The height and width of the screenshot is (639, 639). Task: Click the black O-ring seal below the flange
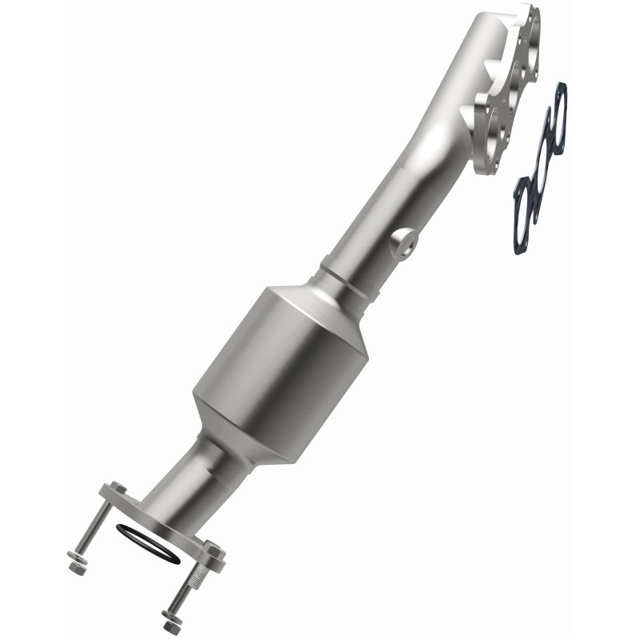coord(148,554)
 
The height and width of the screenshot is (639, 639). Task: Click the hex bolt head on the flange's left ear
coord(116,489)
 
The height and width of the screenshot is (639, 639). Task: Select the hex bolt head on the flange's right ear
coord(213,550)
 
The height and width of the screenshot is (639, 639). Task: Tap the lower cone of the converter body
coord(240,435)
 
